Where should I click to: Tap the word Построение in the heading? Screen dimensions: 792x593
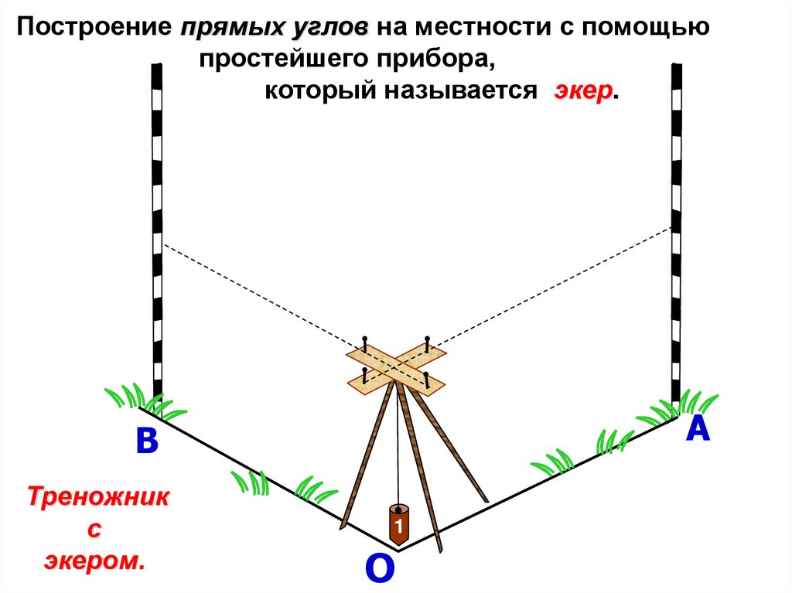coord(94,29)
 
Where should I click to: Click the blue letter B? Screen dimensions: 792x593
coord(146,442)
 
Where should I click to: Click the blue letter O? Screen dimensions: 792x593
coord(379,568)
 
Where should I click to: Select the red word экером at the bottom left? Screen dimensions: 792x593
coord(94,561)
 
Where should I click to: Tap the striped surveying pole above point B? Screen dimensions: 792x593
coord(157,232)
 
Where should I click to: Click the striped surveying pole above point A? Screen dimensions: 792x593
coord(677,232)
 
